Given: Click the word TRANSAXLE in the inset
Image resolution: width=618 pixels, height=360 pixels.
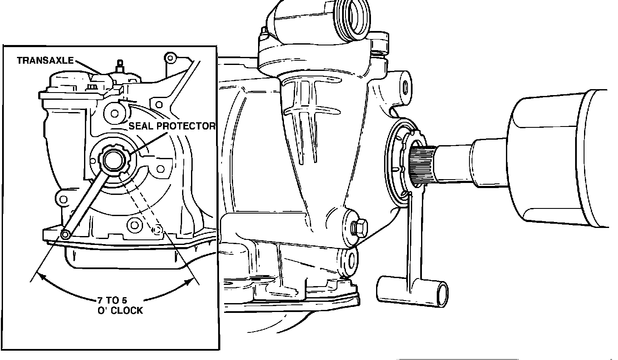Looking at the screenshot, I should (45, 61).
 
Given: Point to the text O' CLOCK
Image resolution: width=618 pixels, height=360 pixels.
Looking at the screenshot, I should (120, 311).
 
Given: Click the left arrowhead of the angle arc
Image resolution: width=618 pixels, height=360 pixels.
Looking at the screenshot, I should (41, 277).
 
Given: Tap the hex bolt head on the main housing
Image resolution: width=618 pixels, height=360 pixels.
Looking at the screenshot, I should (358, 227).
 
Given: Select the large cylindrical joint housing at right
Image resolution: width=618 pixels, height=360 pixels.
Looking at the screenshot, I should (560, 157).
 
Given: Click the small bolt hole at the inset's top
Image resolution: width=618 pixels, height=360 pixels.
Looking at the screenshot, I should (171, 57).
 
